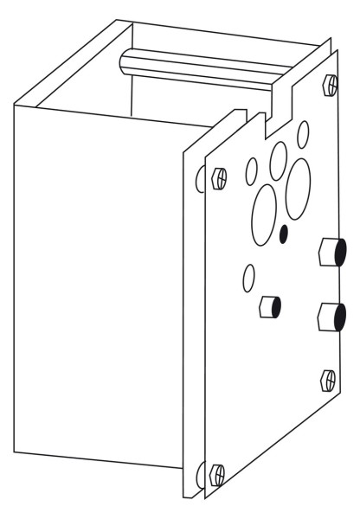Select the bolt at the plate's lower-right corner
coord(328,378)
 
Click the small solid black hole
coord(285,233)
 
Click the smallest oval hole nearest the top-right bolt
coord(303,135)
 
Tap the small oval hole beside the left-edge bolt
coord(251,171)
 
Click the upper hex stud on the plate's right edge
coord(332,253)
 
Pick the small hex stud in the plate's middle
coord(270,306)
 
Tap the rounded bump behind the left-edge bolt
coord(200,179)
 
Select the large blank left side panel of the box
coord(100,285)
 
